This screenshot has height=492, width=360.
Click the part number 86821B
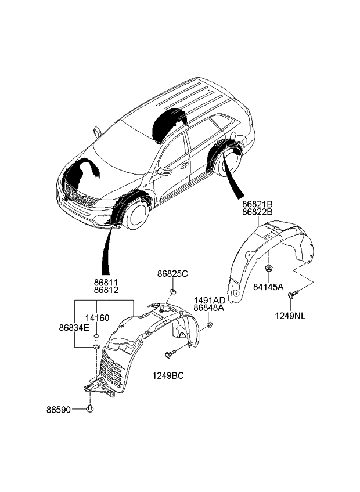click(x=258, y=204)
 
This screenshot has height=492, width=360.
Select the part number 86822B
click(x=258, y=213)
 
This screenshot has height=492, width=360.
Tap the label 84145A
click(x=268, y=287)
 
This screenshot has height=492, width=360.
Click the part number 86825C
click(x=172, y=273)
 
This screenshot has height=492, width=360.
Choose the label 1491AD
click(x=209, y=301)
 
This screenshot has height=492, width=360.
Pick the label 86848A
click(x=209, y=309)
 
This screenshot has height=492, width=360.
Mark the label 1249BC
click(x=168, y=375)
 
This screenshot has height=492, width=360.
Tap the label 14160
click(x=97, y=318)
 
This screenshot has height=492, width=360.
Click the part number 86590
click(x=59, y=410)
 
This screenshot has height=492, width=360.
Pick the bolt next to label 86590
click(x=90, y=410)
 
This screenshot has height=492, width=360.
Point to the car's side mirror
click(x=164, y=172)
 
